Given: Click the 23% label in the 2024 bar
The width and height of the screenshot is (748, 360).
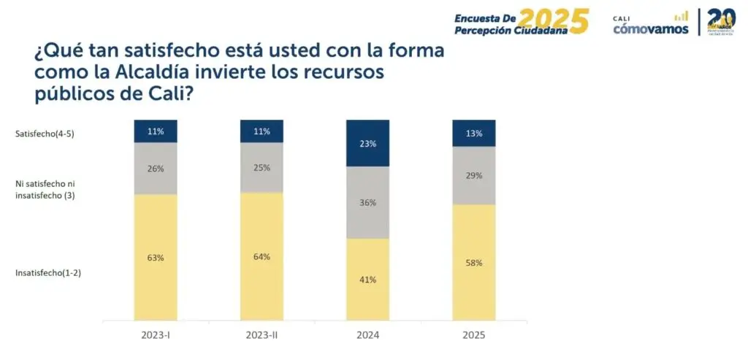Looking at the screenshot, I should [367, 144].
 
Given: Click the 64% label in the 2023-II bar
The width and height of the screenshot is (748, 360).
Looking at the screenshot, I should [262, 256].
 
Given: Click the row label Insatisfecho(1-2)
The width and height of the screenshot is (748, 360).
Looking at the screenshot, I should [47, 273].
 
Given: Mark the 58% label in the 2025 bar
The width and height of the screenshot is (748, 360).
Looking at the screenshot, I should [474, 263].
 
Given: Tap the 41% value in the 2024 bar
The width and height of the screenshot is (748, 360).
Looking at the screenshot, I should [367, 279].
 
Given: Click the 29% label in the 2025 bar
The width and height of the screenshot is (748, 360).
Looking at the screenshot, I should [474, 176].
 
